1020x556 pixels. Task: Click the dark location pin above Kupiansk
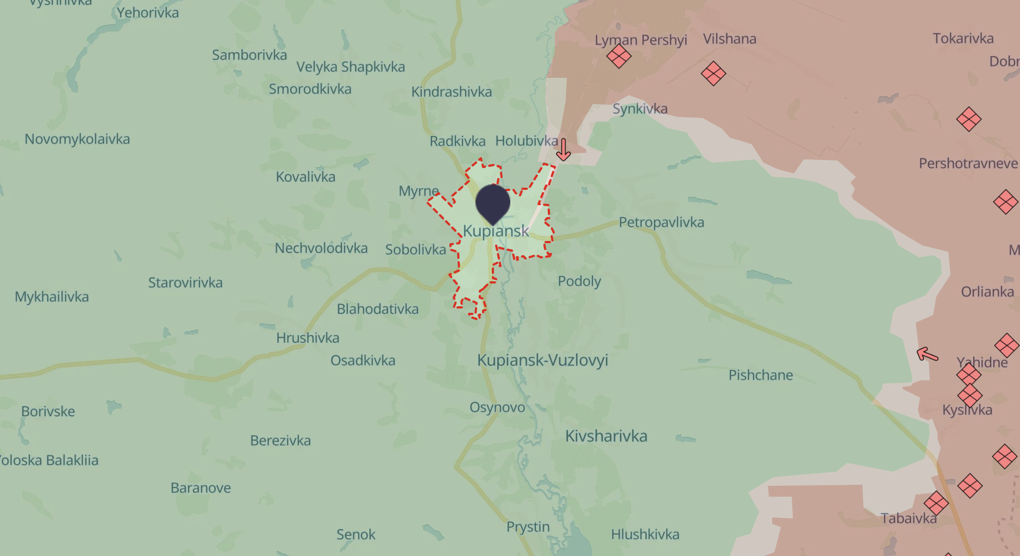pyautogui.click(x=492, y=202)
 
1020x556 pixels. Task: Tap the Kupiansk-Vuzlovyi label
pyautogui.click(x=542, y=360)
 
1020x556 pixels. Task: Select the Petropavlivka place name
pyautogui.click(x=661, y=222)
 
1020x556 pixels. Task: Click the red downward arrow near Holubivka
pyautogui.click(x=564, y=150)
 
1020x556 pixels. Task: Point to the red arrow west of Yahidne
pyautogui.click(x=927, y=355)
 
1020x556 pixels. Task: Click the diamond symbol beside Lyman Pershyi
pyautogui.click(x=618, y=55)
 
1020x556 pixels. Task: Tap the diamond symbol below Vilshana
pyautogui.click(x=713, y=73)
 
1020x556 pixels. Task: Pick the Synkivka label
pyautogui.click(x=640, y=109)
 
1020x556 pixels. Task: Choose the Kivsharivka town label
pyautogui.click(x=606, y=436)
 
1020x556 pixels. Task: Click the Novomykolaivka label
pyautogui.click(x=77, y=139)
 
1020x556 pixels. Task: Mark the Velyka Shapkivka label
pyautogui.click(x=351, y=67)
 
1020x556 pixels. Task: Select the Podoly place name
pyautogui.click(x=579, y=281)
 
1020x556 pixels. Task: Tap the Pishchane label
pyautogui.click(x=760, y=375)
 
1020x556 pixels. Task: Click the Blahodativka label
pyautogui.click(x=378, y=309)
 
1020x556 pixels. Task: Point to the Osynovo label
pyautogui.click(x=497, y=407)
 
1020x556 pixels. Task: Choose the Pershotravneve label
pyautogui.click(x=968, y=163)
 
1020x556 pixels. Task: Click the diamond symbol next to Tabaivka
pyautogui.click(x=936, y=503)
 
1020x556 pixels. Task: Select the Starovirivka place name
pyautogui.click(x=185, y=283)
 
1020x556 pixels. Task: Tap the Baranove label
pyautogui.click(x=201, y=487)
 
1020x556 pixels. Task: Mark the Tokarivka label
pyautogui.click(x=963, y=38)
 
